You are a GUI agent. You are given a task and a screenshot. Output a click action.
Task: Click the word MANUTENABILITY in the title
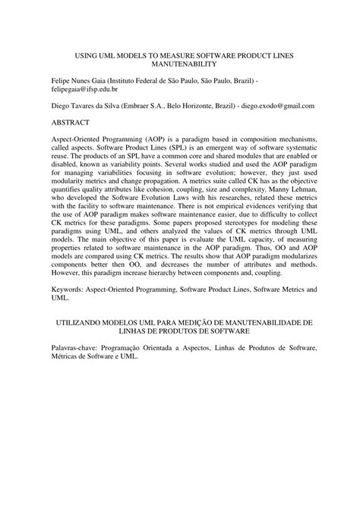click(180, 66)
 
